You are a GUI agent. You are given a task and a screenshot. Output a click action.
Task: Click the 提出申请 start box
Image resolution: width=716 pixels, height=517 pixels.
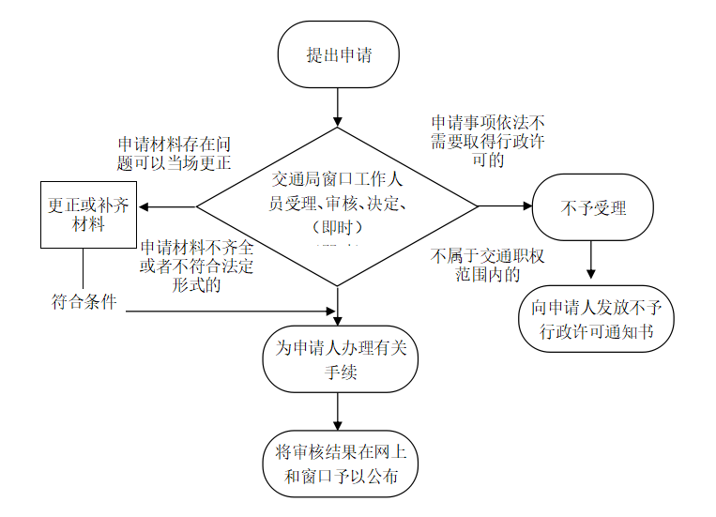coord(339,54)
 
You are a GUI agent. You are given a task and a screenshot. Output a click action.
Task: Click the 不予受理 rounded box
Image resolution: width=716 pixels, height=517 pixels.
coord(592,207)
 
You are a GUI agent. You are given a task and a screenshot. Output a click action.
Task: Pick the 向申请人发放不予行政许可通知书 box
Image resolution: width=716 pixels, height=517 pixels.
coord(596,319)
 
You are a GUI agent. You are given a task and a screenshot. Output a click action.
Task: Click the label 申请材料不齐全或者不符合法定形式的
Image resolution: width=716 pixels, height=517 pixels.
coord(197,266)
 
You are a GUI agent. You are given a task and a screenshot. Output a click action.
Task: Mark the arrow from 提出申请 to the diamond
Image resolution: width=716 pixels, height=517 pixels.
coord(339,108)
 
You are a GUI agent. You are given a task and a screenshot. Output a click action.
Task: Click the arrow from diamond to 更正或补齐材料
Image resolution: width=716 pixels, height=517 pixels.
coord(167,207)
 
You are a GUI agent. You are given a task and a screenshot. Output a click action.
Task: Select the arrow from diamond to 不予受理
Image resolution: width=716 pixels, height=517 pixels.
coord(505,206)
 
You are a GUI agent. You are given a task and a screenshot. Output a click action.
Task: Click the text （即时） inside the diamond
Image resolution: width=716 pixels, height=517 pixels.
coord(337,228)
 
